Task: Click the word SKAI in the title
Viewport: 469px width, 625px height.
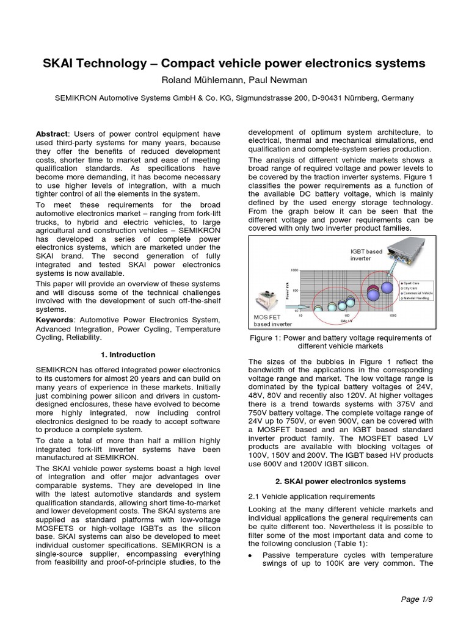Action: tap(59, 63)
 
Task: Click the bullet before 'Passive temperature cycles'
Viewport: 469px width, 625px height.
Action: tap(252, 554)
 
